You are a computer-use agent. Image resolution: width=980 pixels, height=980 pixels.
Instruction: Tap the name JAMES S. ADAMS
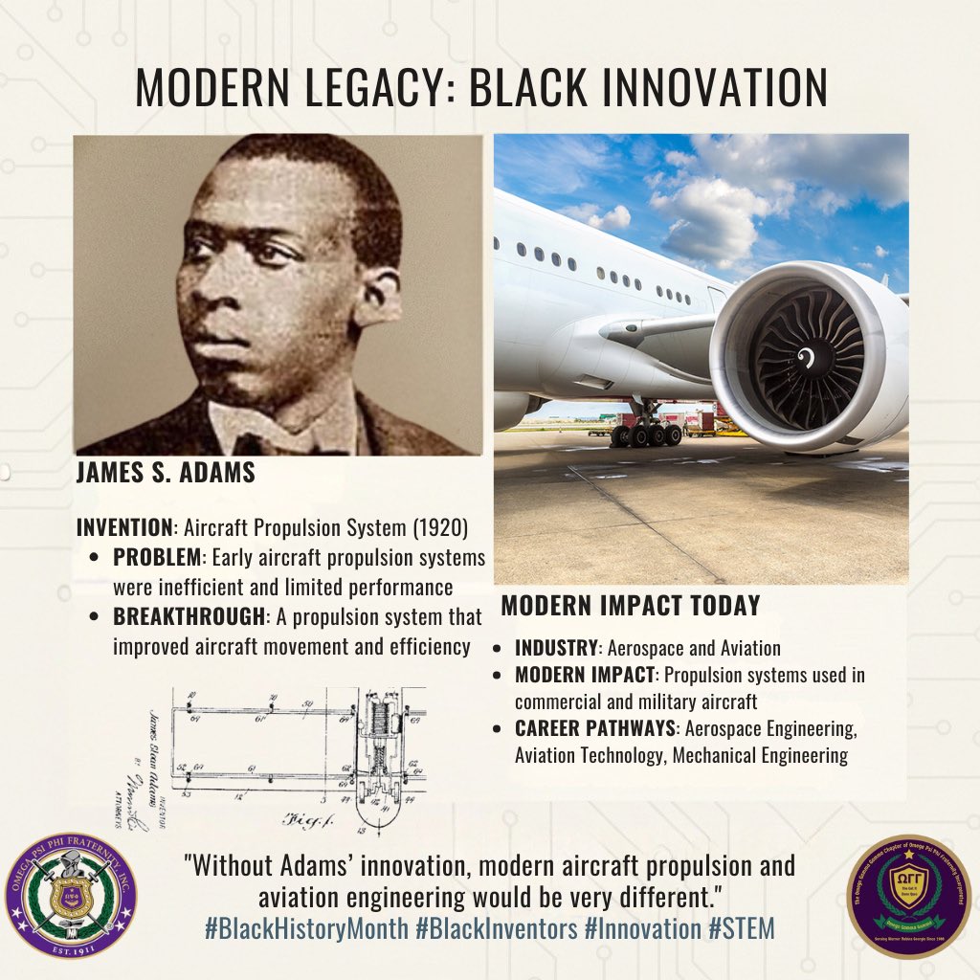pyautogui.click(x=166, y=473)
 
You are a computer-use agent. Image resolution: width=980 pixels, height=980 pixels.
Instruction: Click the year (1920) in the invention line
pyautogui.click(x=437, y=527)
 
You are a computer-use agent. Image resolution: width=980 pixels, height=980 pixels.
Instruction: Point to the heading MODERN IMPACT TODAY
pyautogui.click(x=631, y=606)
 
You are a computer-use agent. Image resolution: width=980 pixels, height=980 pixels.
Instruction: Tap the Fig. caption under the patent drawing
pyautogui.click(x=304, y=819)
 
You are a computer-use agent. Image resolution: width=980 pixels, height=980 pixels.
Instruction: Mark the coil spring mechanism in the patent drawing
pyautogui.click(x=382, y=733)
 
